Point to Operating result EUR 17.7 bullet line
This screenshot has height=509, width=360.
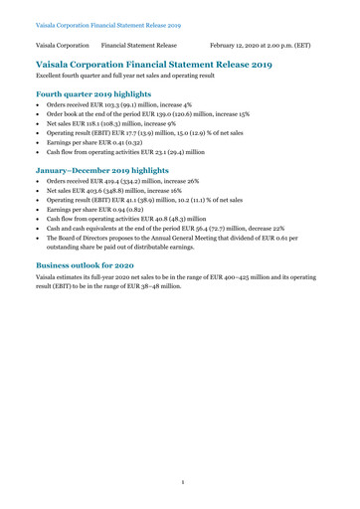(149, 129)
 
